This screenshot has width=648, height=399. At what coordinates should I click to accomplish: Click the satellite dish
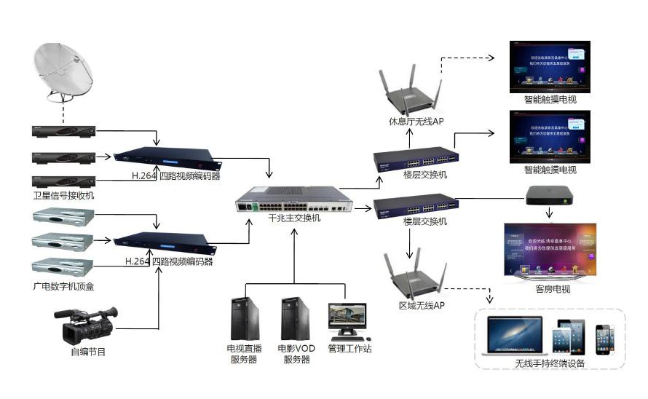click(x=63, y=71)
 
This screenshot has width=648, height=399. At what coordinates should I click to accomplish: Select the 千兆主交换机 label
click(x=294, y=217)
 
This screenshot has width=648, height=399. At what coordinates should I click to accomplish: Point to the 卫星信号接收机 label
click(x=63, y=196)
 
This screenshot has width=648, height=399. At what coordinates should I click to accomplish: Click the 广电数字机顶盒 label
click(x=63, y=286)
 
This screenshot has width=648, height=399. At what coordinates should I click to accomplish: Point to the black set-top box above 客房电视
click(x=550, y=197)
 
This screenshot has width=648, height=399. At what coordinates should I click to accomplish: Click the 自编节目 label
click(x=88, y=352)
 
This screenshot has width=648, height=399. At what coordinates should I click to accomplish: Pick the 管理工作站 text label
click(x=349, y=349)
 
